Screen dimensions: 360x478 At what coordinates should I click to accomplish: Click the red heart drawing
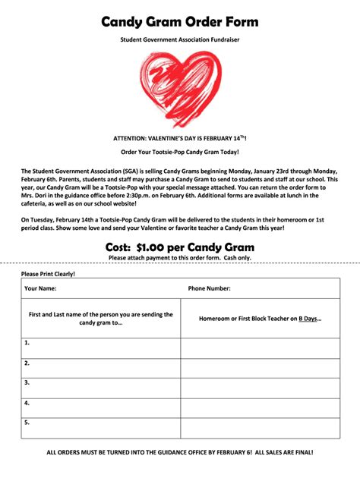[181, 87]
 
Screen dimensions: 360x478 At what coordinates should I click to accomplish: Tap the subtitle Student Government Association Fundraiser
[180, 39]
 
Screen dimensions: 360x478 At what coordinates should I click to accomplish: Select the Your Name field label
[40, 288]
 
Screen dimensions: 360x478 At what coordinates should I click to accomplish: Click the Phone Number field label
[210, 288]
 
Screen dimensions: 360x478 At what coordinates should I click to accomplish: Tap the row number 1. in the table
[27, 343]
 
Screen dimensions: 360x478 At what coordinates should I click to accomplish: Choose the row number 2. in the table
[27, 363]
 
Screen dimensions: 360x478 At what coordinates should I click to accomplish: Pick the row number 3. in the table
[27, 383]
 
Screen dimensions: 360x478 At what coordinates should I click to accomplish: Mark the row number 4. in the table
[27, 403]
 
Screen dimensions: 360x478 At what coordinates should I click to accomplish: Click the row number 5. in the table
[27, 423]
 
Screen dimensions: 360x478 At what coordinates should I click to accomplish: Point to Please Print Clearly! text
[49, 273]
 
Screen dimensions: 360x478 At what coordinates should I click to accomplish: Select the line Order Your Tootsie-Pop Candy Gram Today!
[180, 153]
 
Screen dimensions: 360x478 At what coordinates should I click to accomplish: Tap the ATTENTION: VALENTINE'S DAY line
[180, 139]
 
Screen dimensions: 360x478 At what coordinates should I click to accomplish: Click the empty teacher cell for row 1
[260, 348]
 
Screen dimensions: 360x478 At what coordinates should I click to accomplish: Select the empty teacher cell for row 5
[260, 428]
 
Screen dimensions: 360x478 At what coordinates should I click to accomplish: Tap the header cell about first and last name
[101, 318]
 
